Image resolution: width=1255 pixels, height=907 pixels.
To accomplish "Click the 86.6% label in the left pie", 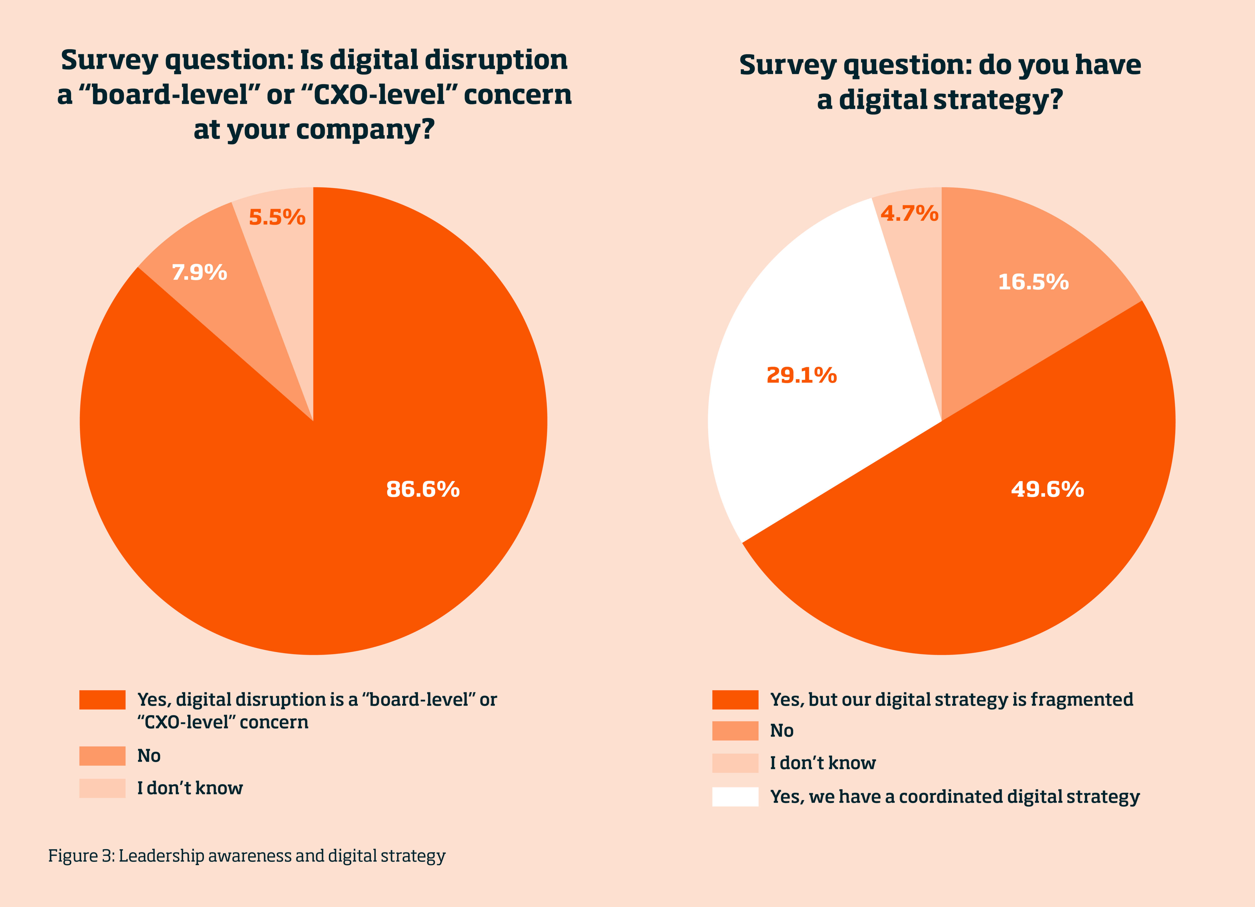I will pos(423,489).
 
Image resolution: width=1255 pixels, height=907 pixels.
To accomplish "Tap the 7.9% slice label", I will pos(199,272).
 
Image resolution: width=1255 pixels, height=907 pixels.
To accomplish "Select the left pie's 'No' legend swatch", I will pos(102,756).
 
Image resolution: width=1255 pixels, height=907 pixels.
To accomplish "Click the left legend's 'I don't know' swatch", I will pos(102,788).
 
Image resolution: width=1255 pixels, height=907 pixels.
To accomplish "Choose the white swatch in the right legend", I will pos(735,797).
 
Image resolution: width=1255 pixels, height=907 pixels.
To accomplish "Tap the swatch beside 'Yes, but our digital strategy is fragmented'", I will pos(735,699).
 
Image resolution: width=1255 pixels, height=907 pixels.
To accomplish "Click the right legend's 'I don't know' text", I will pos(823,763).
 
